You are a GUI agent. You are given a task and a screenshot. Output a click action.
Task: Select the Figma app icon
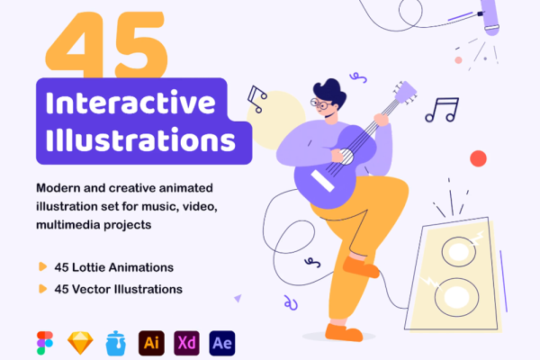click(45, 343)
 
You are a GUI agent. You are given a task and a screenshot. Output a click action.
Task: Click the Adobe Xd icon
click(186, 343)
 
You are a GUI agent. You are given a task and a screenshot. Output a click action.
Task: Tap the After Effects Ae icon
click(221, 343)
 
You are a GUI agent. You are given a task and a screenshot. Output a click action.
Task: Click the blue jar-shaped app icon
click(115, 343)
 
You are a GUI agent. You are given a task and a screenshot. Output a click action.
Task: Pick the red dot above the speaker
click(478, 159)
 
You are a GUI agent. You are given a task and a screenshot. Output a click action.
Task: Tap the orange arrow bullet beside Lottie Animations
click(42, 267)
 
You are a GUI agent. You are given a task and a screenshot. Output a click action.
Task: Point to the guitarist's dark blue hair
click(329, 90)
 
